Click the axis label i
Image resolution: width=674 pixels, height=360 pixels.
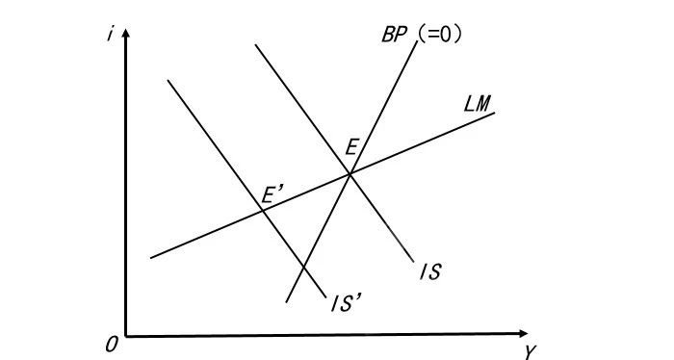[111, 34]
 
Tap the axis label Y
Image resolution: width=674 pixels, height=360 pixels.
[530, 352]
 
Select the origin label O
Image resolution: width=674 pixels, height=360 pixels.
[112, 345]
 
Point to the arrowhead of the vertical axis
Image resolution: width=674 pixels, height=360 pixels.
[126, 33]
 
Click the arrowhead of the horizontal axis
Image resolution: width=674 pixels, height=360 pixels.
[523, 334]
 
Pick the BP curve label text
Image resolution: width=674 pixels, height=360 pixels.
[394, 35]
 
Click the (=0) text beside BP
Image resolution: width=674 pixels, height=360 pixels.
[439, 35]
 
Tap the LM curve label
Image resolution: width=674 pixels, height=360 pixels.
[478, 104]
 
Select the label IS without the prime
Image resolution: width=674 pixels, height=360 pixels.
[430, 272]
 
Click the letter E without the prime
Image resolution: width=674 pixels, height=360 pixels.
[351, 148]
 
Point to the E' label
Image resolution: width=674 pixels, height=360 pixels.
[272, 195]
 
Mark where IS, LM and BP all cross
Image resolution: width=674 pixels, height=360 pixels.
[350, 174]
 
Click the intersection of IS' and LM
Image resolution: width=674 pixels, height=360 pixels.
[262, 211]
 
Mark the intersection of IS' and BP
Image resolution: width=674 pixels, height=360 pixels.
[303, 268]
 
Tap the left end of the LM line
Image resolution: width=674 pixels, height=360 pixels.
[151, 258]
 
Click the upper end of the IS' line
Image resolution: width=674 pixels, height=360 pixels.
[168, 80]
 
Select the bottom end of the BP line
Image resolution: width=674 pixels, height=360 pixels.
[286, 302]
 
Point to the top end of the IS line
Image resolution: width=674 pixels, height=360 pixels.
[255, 44]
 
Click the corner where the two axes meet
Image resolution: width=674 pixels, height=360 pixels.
[126, 336]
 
